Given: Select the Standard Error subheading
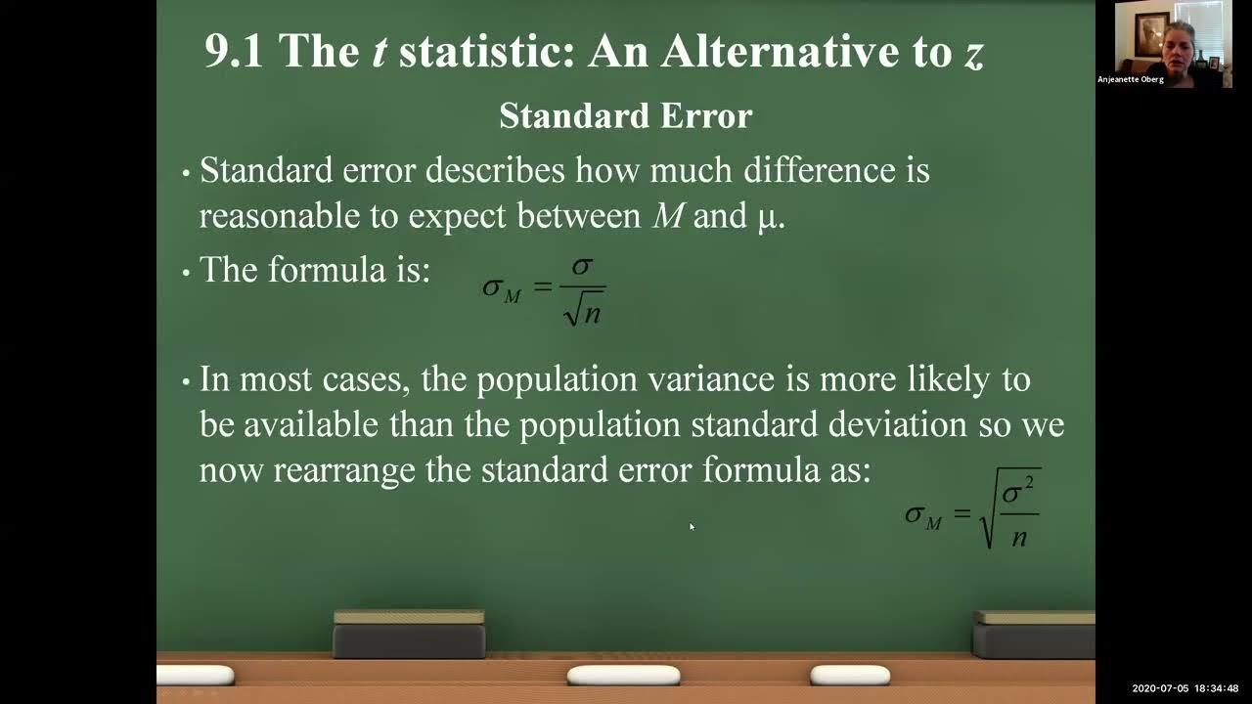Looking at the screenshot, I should click(625, 116).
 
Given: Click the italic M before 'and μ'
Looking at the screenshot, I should click(668, 216).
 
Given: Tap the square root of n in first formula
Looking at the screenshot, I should click(584, 309).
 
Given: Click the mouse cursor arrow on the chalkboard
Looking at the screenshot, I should click(692, 527).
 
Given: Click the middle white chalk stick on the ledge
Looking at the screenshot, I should click(623, 675).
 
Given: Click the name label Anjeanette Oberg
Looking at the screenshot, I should click(1131, 79).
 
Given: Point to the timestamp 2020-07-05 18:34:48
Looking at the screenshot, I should click(1185, 688).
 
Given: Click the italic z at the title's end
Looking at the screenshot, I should click(971, 54).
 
